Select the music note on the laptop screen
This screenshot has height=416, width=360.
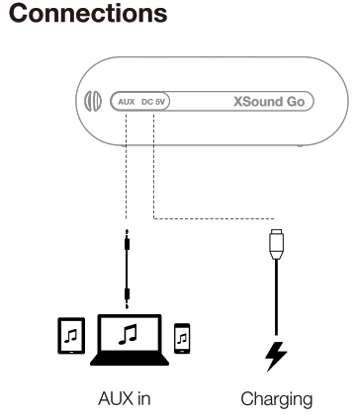(126, 333)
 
